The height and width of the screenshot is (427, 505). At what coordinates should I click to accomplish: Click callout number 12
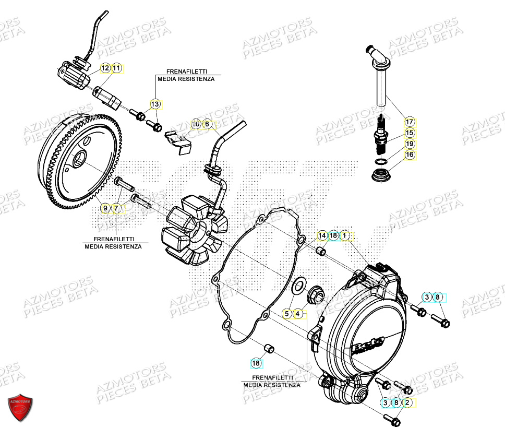(105, 68)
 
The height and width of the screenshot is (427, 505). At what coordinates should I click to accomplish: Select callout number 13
(155, 104)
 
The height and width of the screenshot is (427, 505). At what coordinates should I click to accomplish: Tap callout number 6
(207, 124)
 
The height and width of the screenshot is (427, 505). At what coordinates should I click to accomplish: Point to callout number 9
(105, 208)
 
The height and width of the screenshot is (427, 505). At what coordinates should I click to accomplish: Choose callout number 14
(322, 236)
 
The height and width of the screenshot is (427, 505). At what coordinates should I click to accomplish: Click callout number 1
(345, 236)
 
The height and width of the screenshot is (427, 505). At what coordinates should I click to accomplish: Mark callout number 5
(286, 314)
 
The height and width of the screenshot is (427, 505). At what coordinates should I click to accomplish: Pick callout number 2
(407, 402)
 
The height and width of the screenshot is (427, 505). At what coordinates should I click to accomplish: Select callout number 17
(410, 122)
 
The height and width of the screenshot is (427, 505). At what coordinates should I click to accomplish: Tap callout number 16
(410, 155)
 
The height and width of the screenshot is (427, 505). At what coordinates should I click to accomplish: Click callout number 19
(410, 144)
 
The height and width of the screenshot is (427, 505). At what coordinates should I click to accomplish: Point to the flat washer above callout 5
(299, 285)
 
